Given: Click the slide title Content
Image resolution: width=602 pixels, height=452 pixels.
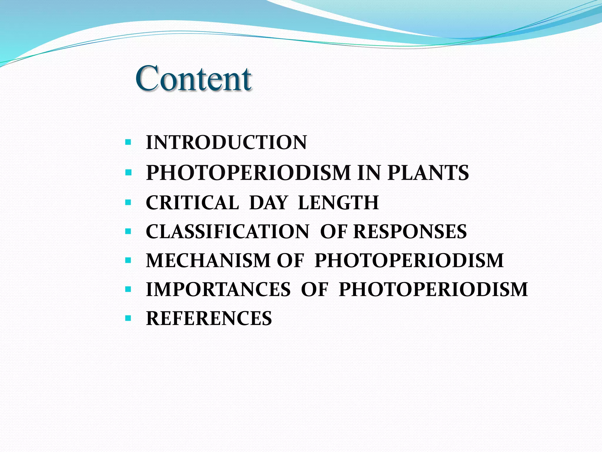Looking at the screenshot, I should [x=193, y=79].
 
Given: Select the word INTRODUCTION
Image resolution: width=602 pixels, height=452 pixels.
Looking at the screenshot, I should [x=226, y=143].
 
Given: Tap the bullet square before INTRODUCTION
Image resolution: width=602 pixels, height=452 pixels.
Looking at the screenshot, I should [x=128, y=143].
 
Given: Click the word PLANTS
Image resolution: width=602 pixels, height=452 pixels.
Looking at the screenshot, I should [x=428, y=173].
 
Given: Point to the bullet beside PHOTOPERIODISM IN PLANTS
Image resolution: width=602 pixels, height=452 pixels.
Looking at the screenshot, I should [x=128, y=172].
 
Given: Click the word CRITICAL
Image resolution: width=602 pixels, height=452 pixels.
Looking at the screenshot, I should [x=192, y=203].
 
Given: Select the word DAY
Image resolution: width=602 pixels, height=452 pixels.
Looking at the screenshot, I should [x=268, y=203].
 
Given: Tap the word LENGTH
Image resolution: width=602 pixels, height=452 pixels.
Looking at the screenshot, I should [x=338, y=203].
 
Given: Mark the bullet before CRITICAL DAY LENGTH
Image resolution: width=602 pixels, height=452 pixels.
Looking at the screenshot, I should [x=128, y=202].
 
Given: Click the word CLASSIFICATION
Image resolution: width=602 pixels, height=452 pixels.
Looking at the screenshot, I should [x=227, y=232].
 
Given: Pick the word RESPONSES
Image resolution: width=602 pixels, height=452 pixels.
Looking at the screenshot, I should [x=410, y=232].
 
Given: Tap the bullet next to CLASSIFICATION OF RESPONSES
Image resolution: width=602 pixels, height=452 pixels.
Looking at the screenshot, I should [x=128, y=232].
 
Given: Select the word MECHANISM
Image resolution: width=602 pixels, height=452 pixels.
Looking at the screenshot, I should [x=208, y=260].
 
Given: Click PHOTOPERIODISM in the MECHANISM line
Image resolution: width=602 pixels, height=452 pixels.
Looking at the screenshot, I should [x=409, y=260].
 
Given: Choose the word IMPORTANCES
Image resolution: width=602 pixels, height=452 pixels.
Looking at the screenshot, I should [x=218, y=289].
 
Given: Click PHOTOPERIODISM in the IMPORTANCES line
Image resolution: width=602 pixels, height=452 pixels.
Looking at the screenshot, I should [x=433, y=289].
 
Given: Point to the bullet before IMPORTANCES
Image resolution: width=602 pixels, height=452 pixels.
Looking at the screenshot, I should [x=128, y=290].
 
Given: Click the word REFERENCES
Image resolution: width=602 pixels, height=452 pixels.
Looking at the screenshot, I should [x=209, y=318].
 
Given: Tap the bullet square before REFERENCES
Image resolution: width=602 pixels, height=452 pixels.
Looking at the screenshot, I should [x=128, y=318].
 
